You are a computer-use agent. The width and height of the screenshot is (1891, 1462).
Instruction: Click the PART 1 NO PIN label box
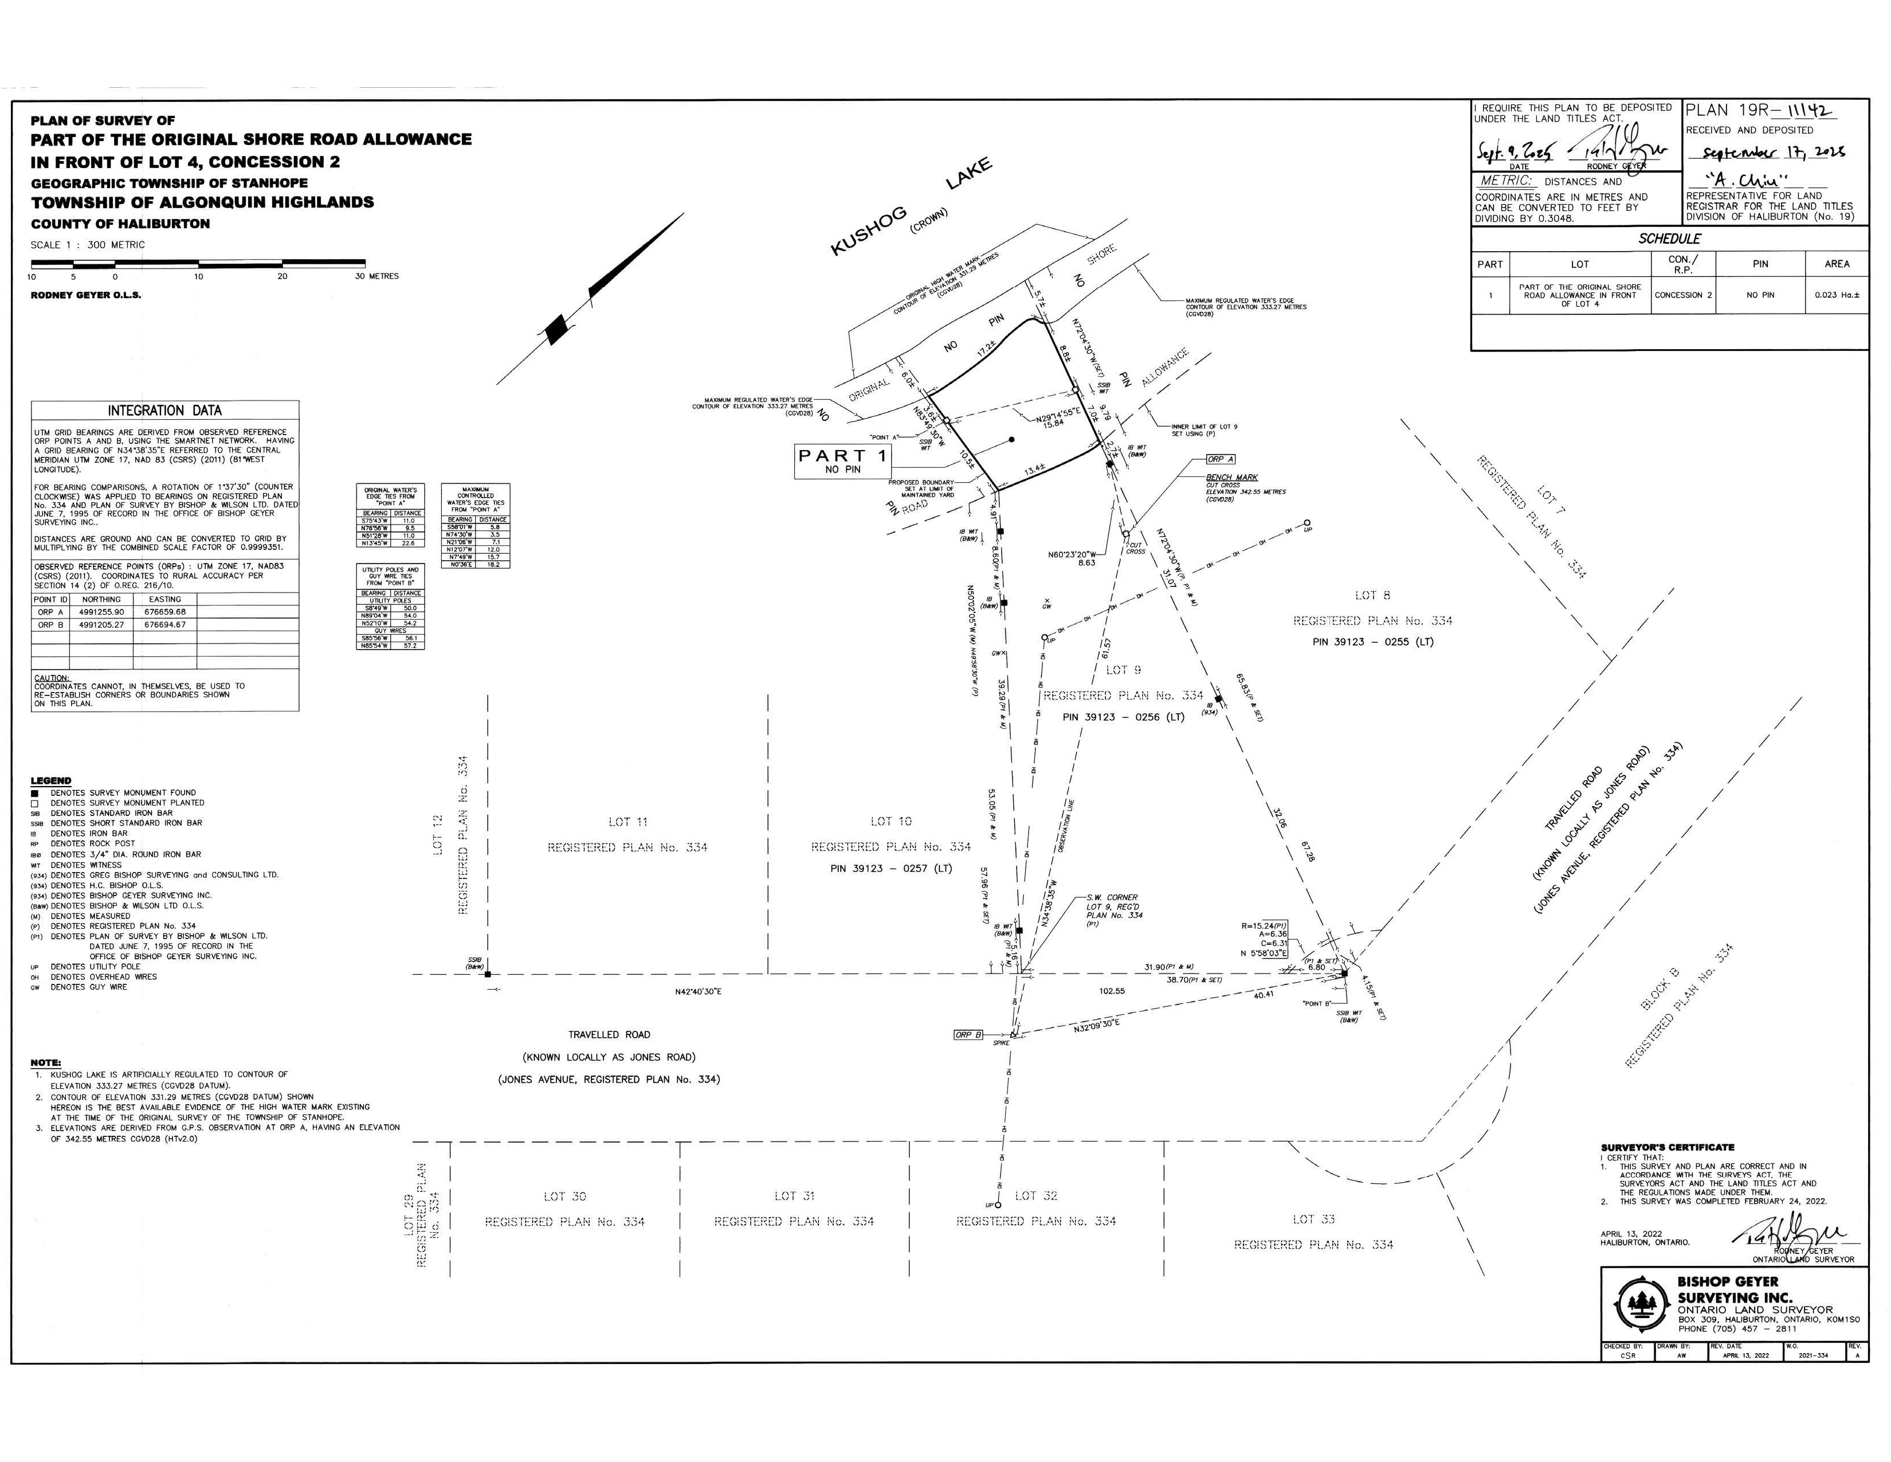[x=842, y=462]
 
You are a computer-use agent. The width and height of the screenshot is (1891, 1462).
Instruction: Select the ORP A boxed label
[x=1221, y=459]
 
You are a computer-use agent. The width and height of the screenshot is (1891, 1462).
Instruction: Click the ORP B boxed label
[x=968, y=1035]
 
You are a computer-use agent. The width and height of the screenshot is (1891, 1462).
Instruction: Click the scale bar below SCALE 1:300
[x=198, y=263]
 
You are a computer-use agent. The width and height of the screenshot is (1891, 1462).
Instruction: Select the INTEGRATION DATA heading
[x=164, y=411]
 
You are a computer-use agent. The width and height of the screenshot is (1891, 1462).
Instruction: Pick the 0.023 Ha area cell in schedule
[x=1837, y=295]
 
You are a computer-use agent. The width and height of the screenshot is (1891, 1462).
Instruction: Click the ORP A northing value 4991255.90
[x=101, y=612]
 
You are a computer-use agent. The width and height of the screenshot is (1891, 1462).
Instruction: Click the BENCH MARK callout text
[x=1231, y=477]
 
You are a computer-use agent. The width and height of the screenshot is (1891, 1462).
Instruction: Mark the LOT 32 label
[x=1035, y=1196]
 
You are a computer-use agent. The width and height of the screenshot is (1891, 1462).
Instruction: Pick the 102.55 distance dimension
[x=1112, y=991]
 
